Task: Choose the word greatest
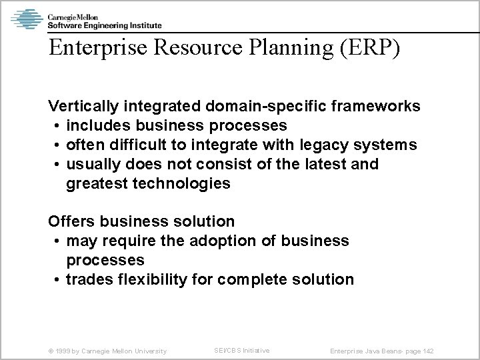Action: tap(98, 183)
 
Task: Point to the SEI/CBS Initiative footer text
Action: tap(241, 350)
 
